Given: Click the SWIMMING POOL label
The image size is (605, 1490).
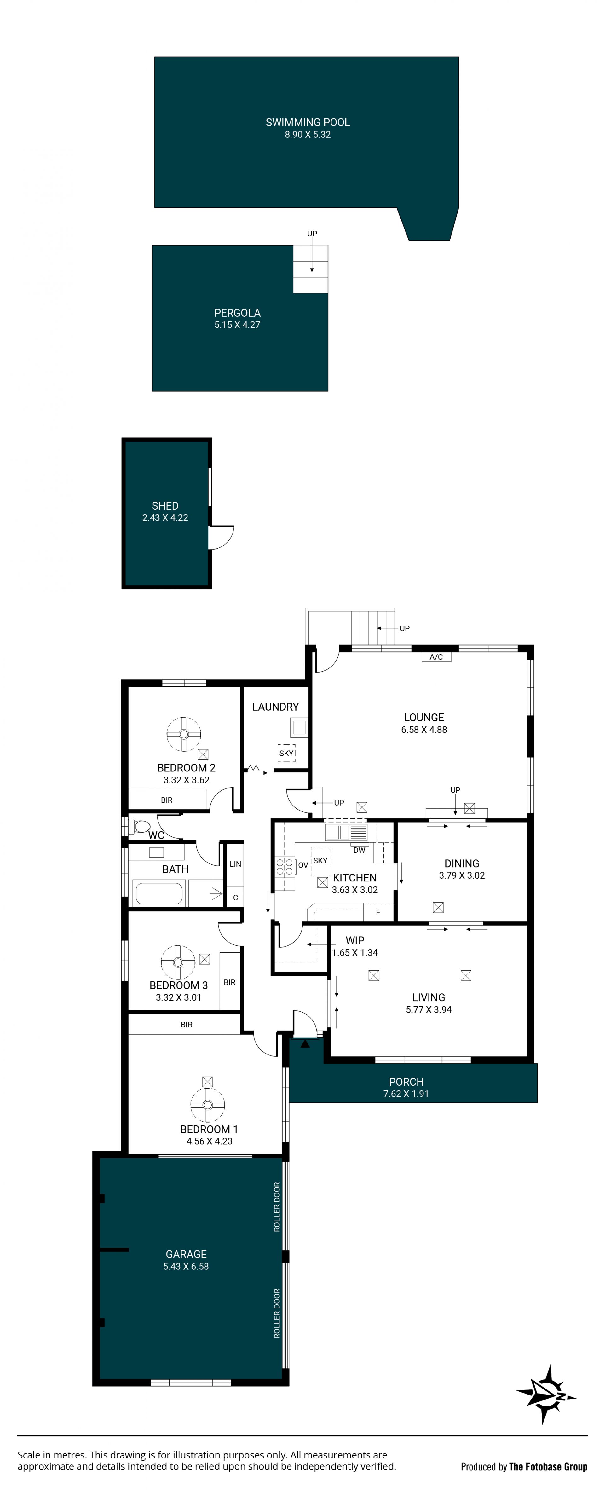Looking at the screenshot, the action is pyautogui.click(x=308, y=122).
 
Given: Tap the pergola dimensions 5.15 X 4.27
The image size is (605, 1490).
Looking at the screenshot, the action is pyautogui.click(x=237, y=325).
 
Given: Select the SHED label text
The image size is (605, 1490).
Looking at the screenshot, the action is pyautogui.click(x=165, y=505).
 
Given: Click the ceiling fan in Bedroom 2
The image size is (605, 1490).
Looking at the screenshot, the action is pyautogui.click(x=184, y=734).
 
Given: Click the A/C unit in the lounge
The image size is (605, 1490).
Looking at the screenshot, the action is pyautogui.click(x=436, y=656).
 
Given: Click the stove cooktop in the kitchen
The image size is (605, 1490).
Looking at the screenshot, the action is pyautogui.click(x=285, y=866).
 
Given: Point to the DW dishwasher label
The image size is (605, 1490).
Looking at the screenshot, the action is pyautogui.click(x=359, y=850).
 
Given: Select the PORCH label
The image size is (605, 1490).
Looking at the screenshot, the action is pyautogui.click(x=406, y=1081).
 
